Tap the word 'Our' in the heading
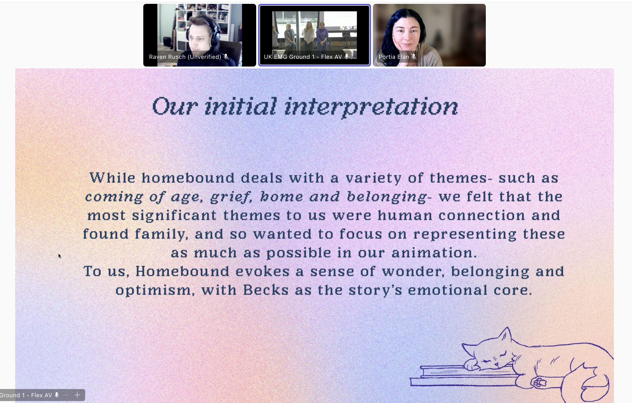point(175,107)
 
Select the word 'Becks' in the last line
point(266,290)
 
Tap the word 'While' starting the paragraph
point(112,178)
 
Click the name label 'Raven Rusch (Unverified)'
point(185,57)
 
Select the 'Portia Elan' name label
point(394,57)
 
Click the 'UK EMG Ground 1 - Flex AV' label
point(303,57)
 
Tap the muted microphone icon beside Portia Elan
point(414,57)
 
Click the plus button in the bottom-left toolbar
point(77,395)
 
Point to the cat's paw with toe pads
point(539,382)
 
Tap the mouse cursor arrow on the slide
point(60,256)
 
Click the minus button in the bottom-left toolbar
point(66,395)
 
